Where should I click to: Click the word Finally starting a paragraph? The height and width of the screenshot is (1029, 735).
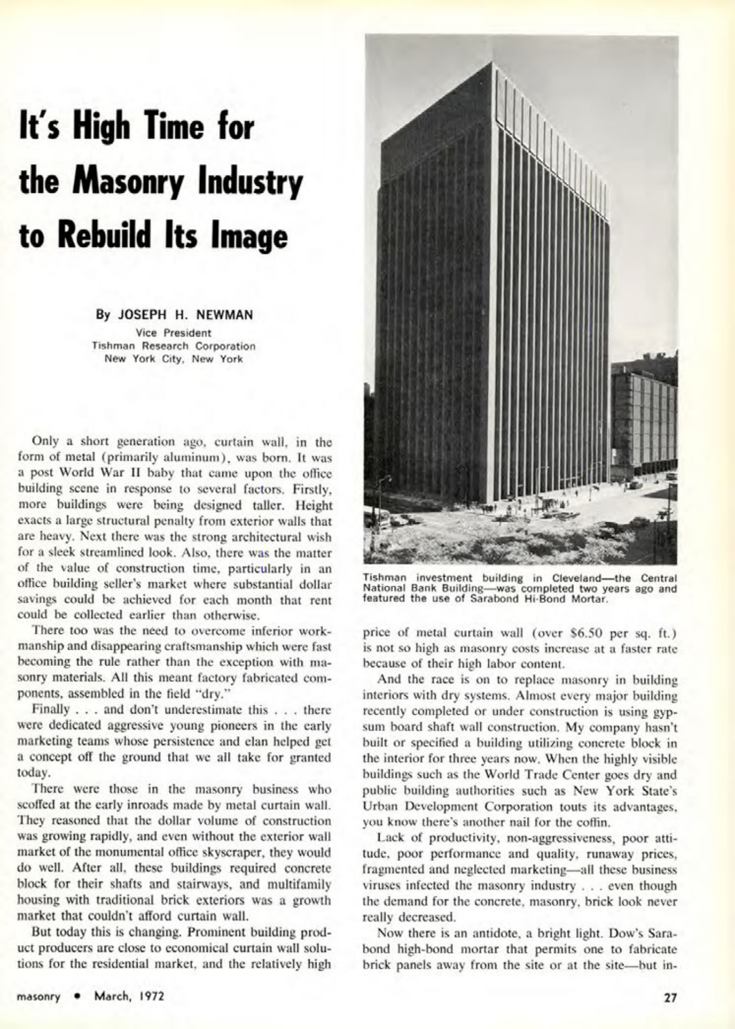coord(50,710)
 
